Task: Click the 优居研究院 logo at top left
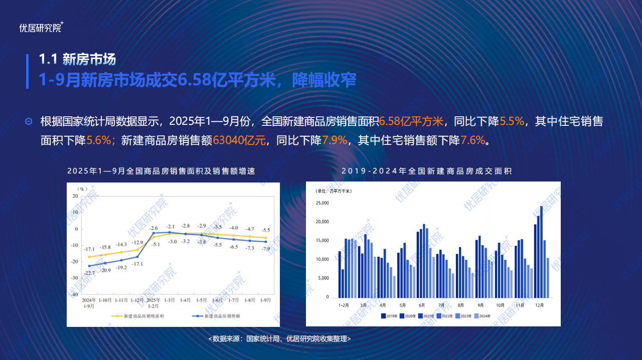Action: pos(41,28)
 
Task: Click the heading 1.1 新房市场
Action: pos(77,59)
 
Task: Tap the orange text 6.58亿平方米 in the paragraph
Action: pos(411,121)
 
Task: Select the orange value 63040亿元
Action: pos(239,140)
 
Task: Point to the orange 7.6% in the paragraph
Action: pos(473,140)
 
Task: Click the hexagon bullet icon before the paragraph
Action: pos(29,121)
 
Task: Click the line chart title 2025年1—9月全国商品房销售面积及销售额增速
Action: pos(161,171)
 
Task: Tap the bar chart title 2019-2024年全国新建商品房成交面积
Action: pos(426,171)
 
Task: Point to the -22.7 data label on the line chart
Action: pos(89,273)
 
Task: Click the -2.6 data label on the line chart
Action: pos(153,228)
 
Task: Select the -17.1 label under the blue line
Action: pos(137,264)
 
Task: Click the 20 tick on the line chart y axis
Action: pos(75,196)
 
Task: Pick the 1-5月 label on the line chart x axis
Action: pos(201,300)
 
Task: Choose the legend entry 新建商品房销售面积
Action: pos(138,316)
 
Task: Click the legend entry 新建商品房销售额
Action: pos(216,316)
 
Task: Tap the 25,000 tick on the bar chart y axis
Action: pos(322,203)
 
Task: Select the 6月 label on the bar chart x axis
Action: pos(422,305)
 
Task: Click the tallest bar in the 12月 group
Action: pos(541,252)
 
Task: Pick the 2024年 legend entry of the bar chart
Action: pos(483,316)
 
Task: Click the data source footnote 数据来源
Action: pos(280,339)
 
